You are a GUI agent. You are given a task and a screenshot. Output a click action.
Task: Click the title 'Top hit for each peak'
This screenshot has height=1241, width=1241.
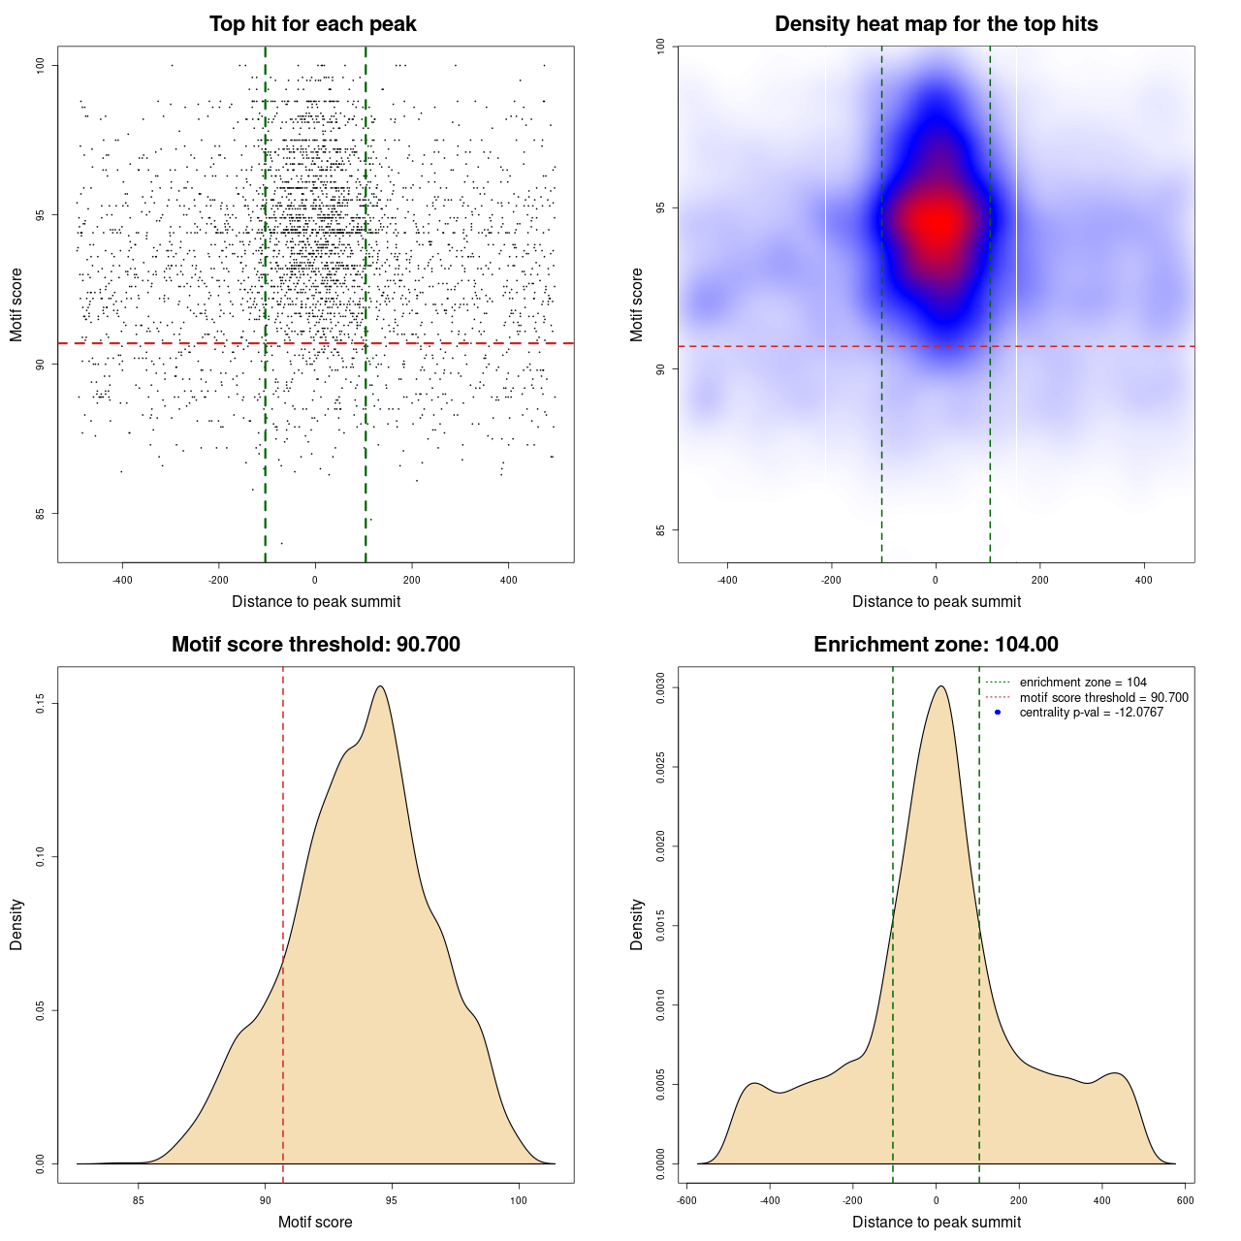point(312,24)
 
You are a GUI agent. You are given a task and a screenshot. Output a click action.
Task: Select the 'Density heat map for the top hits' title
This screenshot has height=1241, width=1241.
point(936,24)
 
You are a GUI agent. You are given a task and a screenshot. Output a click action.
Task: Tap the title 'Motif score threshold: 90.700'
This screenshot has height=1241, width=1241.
point(315,645)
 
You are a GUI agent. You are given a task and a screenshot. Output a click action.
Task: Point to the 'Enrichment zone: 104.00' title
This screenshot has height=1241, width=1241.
point(936,645)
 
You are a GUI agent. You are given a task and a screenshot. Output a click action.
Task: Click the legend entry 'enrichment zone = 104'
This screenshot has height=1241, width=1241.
point(1082,683)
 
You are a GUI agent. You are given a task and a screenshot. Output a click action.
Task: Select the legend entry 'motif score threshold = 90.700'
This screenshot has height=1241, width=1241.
point(1103,698)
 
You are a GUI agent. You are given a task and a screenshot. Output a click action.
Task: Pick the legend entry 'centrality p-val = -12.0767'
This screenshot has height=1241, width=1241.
point(1091,713)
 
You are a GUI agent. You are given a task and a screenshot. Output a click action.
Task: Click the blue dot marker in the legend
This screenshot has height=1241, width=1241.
point(998,713)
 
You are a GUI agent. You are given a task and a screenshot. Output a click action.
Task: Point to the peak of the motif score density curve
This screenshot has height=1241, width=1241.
point(381,686)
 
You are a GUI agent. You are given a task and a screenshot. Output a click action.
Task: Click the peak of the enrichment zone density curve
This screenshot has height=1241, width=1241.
point(939,686)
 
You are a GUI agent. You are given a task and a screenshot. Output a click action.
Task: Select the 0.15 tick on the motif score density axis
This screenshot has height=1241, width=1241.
point(40,703)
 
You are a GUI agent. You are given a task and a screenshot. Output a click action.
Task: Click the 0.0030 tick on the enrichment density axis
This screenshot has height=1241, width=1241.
point(660,688)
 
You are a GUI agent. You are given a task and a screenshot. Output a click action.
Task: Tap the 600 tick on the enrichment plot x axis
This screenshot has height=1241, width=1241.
point(1185,1200)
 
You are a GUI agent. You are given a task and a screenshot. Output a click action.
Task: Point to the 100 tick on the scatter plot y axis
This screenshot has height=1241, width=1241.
point(40,65)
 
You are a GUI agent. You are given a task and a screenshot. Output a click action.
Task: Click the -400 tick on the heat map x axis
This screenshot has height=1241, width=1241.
point(727,580)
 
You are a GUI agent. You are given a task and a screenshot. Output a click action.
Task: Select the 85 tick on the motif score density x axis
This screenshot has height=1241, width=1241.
point(139,1200)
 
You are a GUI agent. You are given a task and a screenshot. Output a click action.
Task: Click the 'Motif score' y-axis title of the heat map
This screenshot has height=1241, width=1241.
point(637,304)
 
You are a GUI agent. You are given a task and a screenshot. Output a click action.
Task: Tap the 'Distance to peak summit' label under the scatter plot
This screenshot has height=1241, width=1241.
point(316,602)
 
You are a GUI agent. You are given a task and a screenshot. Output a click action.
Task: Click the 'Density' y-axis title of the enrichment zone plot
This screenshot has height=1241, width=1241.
point(637,924)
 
